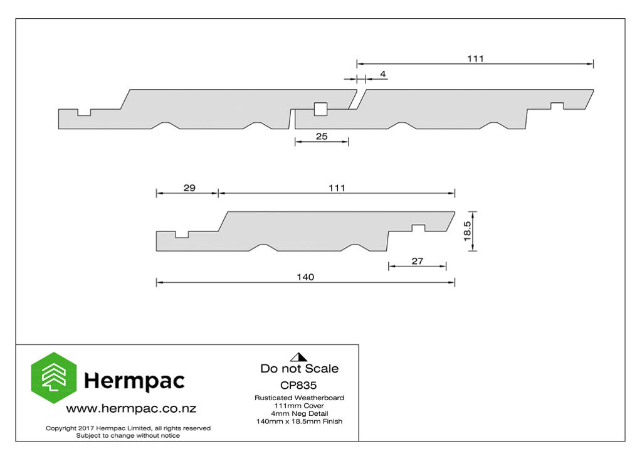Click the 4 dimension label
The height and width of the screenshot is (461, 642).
pos(383,74)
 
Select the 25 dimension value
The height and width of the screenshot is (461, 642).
pos(322,137)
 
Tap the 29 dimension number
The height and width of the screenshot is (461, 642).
pos(189,188)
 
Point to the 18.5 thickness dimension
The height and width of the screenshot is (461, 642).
pos(467,231)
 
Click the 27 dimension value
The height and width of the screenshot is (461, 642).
pos(417,261)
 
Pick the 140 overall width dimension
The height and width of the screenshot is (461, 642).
pos(305,277)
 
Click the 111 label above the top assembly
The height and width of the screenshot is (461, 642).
pos(475,58)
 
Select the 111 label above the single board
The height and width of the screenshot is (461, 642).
pos(337,188)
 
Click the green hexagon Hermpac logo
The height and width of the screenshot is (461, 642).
pos(54,378)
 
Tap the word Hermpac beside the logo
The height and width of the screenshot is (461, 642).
pos(134,381)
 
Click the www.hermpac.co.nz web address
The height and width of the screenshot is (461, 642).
pos(131,408)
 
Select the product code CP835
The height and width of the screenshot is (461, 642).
pos(298,385)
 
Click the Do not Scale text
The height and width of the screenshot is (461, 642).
pos(299,368)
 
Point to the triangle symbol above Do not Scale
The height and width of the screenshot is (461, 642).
pos(299,357)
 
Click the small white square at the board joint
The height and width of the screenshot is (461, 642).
pos(320,109)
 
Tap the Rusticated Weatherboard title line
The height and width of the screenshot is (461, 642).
pos(299,398)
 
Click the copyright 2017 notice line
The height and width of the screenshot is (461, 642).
pos(128,428)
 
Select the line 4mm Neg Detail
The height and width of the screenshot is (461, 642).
pos(299,413)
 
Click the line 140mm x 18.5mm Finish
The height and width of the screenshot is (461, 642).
pos(299,421)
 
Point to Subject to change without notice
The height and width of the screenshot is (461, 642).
pos(128,435)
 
